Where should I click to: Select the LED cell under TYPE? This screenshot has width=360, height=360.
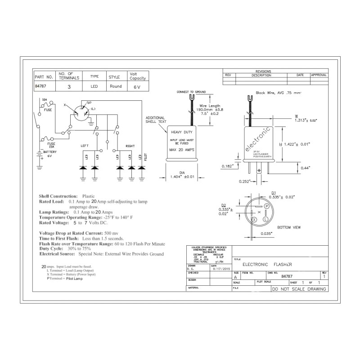pos(94,86)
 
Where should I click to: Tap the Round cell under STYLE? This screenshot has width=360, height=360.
pos(115,86)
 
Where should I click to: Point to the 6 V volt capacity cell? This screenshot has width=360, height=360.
pos(137,87)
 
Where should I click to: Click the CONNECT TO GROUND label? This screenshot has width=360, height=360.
pos(191,92)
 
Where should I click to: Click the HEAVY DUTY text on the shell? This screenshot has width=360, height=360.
pos(181,132)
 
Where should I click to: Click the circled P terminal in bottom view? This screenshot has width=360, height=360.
pos(266,206)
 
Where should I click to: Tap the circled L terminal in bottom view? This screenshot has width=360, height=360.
pos(265,219)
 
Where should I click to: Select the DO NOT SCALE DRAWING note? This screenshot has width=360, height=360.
pos(299,289)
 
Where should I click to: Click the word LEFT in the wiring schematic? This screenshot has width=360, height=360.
pos(85,146)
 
